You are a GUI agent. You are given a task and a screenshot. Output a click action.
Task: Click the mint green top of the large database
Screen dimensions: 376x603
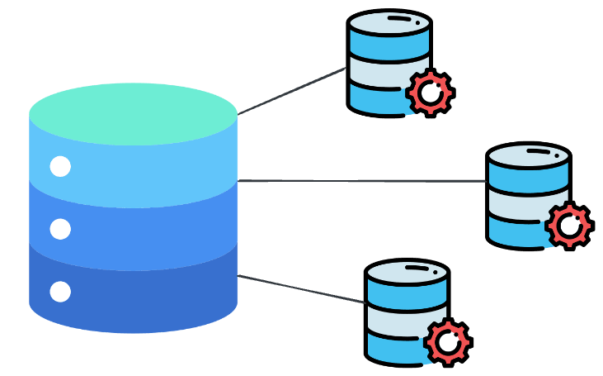point(133,113)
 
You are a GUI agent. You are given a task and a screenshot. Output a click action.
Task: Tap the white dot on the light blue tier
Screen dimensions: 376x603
point(60,166)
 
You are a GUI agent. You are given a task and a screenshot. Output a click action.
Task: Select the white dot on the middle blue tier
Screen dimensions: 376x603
point(60,229)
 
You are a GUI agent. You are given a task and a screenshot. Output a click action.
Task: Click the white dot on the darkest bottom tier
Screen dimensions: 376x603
point(60,291)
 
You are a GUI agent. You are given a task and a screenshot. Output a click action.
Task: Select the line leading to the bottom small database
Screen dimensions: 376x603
point(302,289)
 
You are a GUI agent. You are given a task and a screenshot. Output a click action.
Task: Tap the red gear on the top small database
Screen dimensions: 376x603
point(429,93)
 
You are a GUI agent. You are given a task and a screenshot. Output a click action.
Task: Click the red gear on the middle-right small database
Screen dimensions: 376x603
point(568,225)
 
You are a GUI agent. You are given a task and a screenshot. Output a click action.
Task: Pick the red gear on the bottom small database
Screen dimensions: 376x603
point(447,341)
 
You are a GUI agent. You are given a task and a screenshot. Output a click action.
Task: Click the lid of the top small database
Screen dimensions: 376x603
point(389,22)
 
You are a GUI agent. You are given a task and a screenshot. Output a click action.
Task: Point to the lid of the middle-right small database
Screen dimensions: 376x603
point(528,155)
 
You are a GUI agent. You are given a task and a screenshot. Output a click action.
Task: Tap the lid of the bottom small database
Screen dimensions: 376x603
point(407,272)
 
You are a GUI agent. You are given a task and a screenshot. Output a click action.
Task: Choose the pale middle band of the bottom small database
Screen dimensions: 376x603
point(395,322)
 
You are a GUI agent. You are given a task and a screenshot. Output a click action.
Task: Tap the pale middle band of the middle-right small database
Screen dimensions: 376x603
point(516,206)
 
